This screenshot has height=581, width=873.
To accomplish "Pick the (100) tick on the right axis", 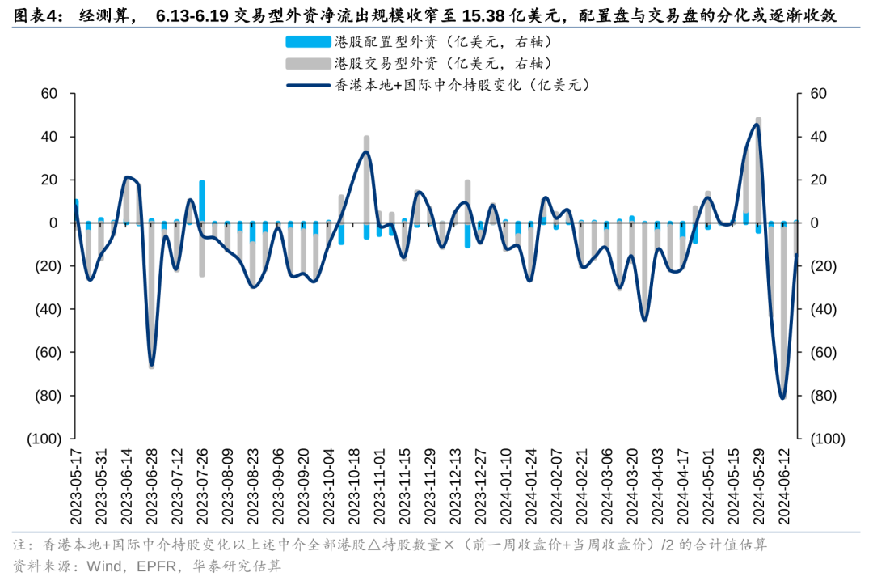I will (x=827, y=439).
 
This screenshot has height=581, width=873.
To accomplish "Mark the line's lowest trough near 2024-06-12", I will (x=782, y=397).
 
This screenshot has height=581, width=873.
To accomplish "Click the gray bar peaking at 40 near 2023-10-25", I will (x=366, y=178).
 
